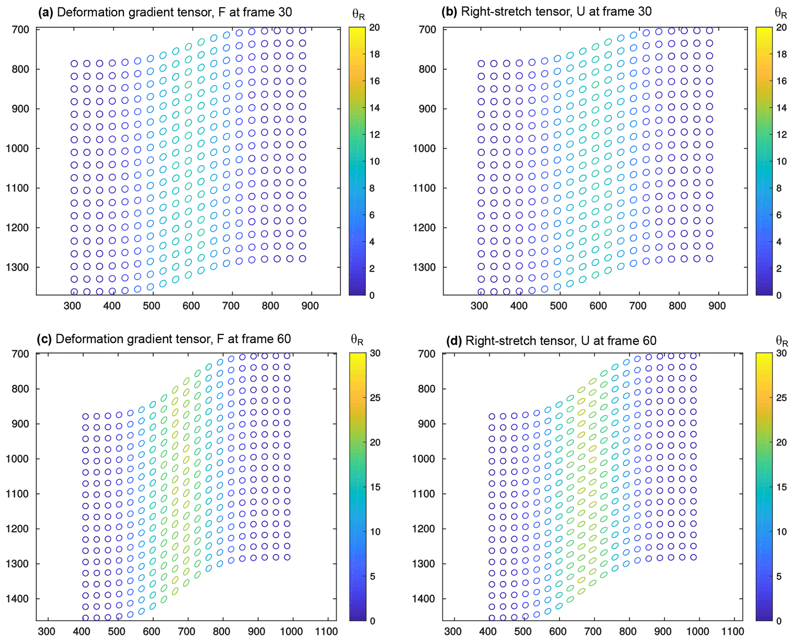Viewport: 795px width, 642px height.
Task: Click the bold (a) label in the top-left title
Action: [46, 12]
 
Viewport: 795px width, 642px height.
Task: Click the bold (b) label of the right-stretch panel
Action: [449, 12]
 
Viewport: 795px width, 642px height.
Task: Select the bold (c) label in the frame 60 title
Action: [45, 339]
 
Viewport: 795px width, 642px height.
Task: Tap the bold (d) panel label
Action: [454, 341]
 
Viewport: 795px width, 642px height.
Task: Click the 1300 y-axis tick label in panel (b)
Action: [425, 267]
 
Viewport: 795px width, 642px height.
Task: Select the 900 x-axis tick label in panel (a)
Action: [310, 306]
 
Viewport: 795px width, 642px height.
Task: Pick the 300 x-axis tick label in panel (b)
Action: [479, 306]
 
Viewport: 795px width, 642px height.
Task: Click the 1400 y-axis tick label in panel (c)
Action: [18, 599]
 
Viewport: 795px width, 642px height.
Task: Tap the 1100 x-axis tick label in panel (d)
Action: [733, 632]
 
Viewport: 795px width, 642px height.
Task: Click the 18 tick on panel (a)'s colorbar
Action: [374, 54]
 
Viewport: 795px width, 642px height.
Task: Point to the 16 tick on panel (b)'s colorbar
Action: [782, 81]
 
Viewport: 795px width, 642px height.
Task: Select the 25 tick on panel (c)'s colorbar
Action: [375, 398]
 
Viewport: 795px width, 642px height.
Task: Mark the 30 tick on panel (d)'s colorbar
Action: [781, 353]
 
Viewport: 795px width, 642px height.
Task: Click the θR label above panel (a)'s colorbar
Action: [358, 15]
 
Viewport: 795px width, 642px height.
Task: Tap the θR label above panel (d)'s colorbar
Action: [782, 341]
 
